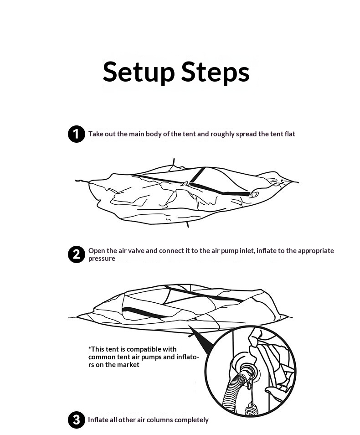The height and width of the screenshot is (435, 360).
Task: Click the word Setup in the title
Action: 139,72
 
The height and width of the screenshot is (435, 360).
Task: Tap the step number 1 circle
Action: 76,134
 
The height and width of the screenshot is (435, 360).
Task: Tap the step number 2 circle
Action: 76,254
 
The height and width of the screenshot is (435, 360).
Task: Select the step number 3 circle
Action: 76,420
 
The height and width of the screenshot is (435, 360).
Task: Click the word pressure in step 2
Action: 102,259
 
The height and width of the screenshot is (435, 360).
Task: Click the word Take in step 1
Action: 95,134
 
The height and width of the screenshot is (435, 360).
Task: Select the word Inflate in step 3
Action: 98,420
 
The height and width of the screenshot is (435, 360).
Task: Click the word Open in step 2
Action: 96,251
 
